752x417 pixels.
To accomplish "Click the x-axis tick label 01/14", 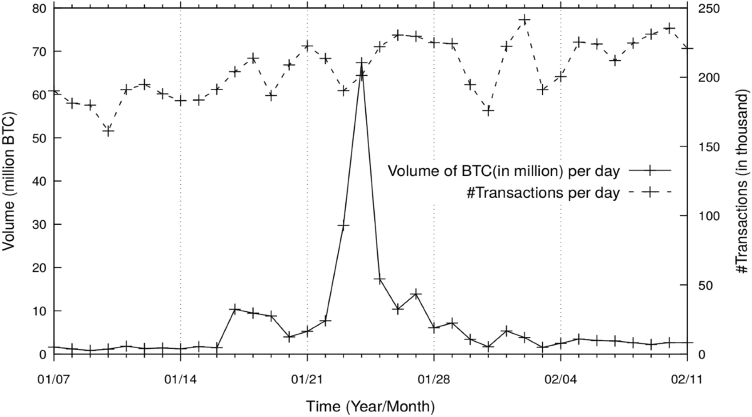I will [x=180, y=379].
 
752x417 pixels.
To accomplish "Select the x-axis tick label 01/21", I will [x=307, y=379].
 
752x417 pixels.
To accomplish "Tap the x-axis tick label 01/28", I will [x=434, y=379].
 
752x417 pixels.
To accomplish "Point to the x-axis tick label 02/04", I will [x=560, y=379].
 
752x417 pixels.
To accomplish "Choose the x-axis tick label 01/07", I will [x=54, y=379].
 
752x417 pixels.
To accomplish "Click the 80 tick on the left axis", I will [x=39, y=8].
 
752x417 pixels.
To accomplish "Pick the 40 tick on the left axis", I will [x=39, y=181].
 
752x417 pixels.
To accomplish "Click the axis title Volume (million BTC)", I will [x=11, y=182].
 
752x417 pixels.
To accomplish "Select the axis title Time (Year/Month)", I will [x=370, y=406].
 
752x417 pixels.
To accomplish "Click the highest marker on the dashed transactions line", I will [x=525, y=20].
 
